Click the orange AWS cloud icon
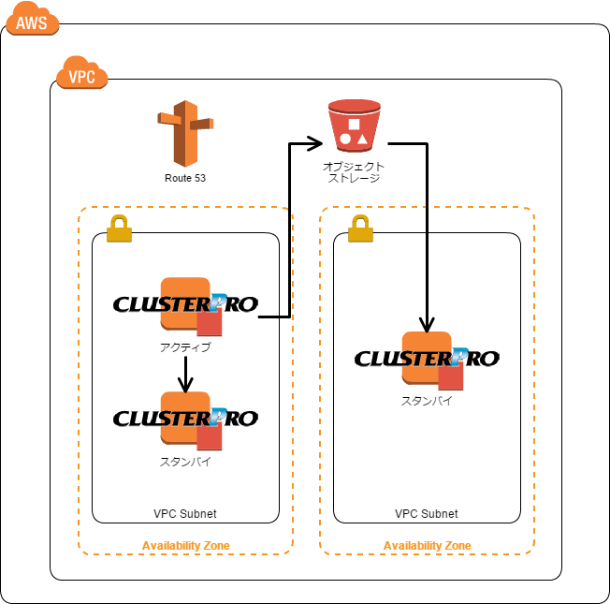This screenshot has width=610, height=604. point(32,20)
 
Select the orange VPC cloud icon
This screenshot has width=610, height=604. point(81,74)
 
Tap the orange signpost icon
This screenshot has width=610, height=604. point(185,133)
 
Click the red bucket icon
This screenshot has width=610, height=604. point(354,125)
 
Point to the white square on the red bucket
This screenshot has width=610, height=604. point(354,124)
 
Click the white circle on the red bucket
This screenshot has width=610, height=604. point(345,139)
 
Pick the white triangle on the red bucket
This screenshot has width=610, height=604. point(363,139)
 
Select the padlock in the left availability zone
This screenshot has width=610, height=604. point(119,228)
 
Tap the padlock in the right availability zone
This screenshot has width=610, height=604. point(360,228)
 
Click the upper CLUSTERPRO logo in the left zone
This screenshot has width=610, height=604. point(185,303)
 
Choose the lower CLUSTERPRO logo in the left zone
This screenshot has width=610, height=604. point(185,418)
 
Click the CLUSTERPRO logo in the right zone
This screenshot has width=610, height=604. point(427,358)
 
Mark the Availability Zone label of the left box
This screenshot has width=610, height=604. point(185,545)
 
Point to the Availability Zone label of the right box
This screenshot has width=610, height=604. point(427,545)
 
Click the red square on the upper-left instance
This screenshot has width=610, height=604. point(210,323)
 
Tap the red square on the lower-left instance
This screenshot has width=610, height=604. point(210,437)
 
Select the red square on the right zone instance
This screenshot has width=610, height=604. point(451,377)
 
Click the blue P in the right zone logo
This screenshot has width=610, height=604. point(459,355)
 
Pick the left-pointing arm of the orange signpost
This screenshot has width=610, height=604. point(168,119)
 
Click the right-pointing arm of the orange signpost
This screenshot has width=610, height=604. point(202,124)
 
